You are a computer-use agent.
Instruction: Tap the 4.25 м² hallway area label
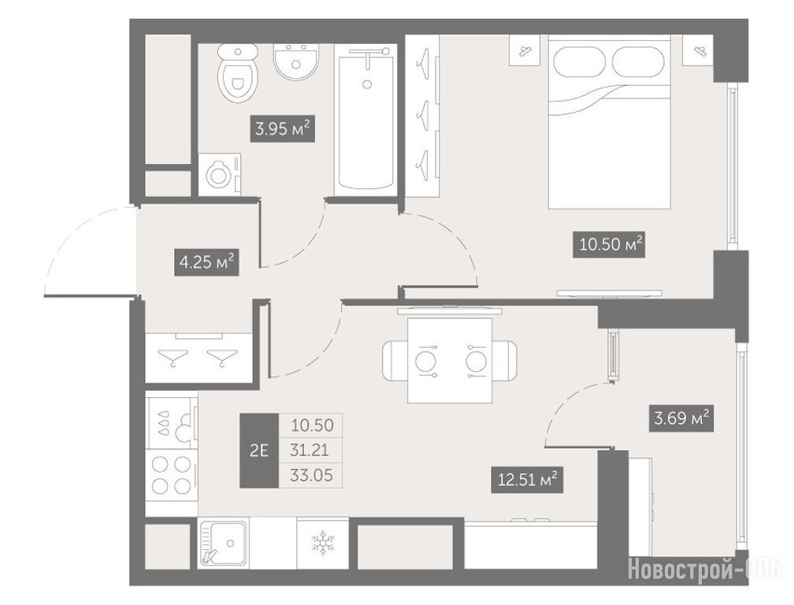tap(206, 262)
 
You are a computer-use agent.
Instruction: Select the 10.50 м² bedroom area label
tap(609, 244)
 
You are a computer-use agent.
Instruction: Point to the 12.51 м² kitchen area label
tap(527, 479)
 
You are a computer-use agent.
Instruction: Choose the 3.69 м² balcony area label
tap(681, 418)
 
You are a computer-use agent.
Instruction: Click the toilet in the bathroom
tap(238, 72)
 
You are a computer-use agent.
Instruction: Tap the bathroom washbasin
tap(296, 61)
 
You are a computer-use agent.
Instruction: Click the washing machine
tap(220, 175)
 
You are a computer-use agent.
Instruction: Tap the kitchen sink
tap(222, 544)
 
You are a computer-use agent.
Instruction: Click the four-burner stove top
tap(171, 474)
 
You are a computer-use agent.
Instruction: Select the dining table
tap(450, 361)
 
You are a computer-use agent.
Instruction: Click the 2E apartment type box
tap(259, 451)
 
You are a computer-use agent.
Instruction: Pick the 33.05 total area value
tap(311, 475)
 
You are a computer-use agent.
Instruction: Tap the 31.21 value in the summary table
tap(310, 450)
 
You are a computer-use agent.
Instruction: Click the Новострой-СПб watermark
tap(705, 570)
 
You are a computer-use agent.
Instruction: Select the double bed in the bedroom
tap(609, 121)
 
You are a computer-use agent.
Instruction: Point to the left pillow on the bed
tap(581, 62)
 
